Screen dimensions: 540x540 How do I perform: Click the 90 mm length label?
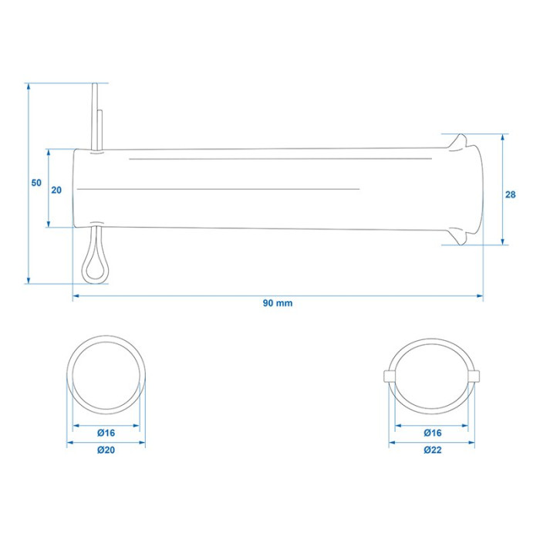(x=278, y=303)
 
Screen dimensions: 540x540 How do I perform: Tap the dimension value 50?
(x=36, y=183)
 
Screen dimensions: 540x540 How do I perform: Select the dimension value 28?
(x=511, y=194)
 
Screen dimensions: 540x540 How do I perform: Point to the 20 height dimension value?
(x=56, y=190)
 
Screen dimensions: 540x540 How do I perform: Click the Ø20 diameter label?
(x=106, y=450)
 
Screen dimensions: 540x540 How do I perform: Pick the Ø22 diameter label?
(x=433, y=450)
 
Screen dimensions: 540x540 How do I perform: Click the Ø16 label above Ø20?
(x=106, y=433)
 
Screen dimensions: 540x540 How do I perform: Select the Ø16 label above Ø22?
(x=433, y=433)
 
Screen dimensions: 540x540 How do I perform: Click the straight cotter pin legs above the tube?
(x=97, y=116)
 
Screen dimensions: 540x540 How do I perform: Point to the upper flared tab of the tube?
(x=458, y=141)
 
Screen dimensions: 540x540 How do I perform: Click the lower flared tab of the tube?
(x=458, y=237)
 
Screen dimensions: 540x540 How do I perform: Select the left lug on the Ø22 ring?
(x=389, y=376)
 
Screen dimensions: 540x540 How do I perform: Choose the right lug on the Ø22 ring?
(x=474, y=376)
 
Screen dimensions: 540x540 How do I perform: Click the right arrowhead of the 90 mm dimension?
(x=479, y=295)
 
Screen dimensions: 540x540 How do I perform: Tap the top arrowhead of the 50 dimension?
(x=29, y=86)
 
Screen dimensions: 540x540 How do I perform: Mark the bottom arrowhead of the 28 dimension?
(x=502, y=241)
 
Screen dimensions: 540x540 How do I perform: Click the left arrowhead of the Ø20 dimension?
(x=71, y=443)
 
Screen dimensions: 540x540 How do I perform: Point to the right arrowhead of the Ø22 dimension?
(x=471, y=443)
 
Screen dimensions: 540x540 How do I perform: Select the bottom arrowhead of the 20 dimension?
(x=48, y=224)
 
